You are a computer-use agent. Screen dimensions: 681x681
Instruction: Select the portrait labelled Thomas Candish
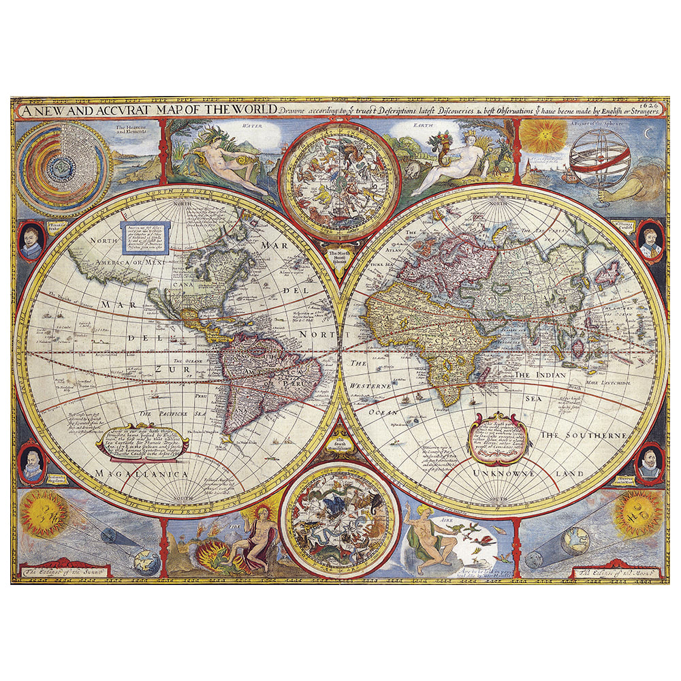650,239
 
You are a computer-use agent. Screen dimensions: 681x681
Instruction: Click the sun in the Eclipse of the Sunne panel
42,516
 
